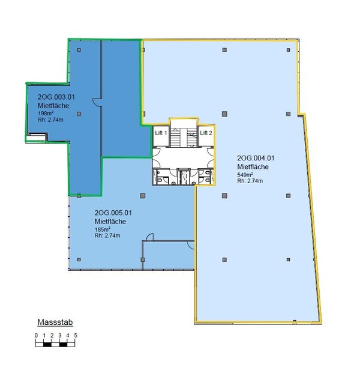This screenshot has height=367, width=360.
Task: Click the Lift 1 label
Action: click(x=161, y=133)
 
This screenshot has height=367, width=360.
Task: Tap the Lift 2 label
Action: click(x=206, y=133)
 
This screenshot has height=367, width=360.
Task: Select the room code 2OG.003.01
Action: click(x=56, y=97)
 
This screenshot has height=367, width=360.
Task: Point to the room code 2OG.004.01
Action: click(x=256, y=158)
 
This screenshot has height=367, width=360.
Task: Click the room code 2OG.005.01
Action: click(x=113, y=213)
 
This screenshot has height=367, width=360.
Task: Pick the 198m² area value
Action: click(x=46, y=114)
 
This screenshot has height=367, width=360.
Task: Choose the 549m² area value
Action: click(x=245, y=175)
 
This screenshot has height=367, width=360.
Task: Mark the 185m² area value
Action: click(x=103, y=229)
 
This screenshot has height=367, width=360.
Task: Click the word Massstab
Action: click(x=55, y=323)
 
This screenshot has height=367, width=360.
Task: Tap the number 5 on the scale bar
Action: click(x=76, y=335)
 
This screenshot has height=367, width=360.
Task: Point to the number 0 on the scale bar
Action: click(x=36, y=335)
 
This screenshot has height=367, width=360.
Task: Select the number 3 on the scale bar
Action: click(x=60, y=335)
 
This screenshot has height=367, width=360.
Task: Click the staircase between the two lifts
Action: click(x=183, y=138)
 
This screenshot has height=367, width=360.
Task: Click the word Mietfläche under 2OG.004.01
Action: click(x=253, y=167)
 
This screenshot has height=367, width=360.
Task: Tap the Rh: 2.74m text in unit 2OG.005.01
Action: click(x=107, y=235)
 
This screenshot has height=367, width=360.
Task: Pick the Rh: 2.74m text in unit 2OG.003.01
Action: click(x=50, y=120)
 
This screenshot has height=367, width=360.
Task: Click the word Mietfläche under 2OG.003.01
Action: click(x=53, y=106)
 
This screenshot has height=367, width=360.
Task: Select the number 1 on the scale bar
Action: click(x=44, y=335)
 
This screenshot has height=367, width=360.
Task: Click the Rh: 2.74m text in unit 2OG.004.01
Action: click(x=250, y=181)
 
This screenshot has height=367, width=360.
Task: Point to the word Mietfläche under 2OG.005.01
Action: click(x=110, y=222)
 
